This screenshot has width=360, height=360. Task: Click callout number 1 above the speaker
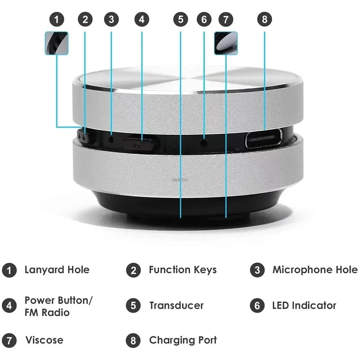tap(57, 19)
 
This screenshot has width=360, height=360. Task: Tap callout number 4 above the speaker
tap(141, 19)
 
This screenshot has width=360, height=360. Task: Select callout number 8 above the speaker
tap(265, 19)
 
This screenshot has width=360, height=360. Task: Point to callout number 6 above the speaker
tap(204, 19)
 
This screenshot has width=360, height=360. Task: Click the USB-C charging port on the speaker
tap(264, 139)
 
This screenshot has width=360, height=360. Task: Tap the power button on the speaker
tap(141, 144)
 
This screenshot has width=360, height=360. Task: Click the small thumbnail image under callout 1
tap(57, 43)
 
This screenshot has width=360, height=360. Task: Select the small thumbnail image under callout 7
tap(226, 43)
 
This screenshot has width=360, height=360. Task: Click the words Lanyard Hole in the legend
tap(57, 270)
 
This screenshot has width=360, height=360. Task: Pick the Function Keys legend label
tap(183, 270)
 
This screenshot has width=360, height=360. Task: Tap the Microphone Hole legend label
tap(315, 270)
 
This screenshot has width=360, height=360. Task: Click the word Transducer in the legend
tap(176, 306)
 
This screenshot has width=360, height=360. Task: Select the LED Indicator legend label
tap(304, 306)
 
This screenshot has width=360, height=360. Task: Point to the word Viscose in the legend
tap(44, 340)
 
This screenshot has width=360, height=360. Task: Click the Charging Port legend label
tap(183, 340)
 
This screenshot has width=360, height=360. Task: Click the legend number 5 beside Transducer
tap(133, 306)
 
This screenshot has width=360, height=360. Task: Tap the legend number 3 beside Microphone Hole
tap(257, 270)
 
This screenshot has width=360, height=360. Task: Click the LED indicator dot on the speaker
tap(204, 143)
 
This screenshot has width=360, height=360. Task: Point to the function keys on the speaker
tap(84, 137)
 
